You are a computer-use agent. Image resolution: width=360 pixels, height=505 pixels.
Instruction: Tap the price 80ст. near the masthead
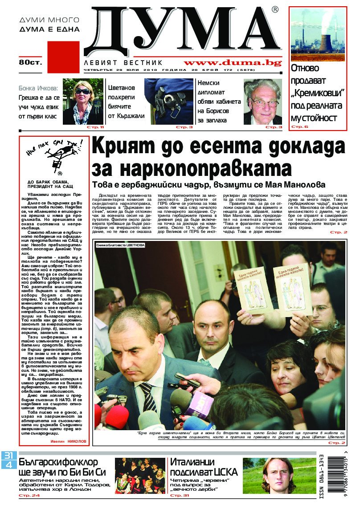(30, 62)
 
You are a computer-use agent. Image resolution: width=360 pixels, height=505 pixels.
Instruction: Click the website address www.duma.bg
(232, 63)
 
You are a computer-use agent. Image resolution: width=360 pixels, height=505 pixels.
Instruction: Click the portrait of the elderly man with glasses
(262, 102)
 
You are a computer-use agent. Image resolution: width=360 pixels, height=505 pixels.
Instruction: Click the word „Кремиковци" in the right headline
(318, 94)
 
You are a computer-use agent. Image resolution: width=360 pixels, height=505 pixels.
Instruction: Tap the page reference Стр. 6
(299, 127)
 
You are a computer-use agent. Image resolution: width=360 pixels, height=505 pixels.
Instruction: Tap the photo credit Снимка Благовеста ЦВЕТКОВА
(120, 245)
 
